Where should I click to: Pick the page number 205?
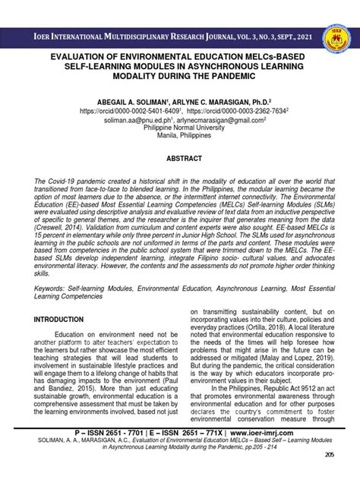click(329, 454)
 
